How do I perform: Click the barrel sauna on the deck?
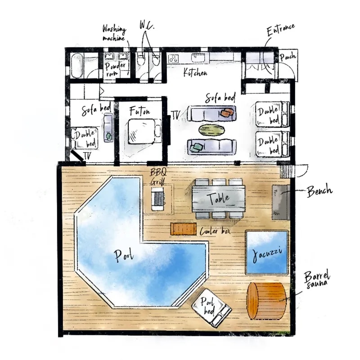coord(266,301)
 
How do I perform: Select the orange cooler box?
coord(183,229)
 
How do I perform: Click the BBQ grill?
coord(157,198)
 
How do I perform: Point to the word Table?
coord(218,198)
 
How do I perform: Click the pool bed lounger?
coord(211,308)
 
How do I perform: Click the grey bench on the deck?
coord(280,202)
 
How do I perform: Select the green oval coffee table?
coord(211,130)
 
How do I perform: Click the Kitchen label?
coord(195,72)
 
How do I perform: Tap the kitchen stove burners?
coord(173,58)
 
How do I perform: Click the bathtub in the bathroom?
coord(76,66)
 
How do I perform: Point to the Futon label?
coord(139,111)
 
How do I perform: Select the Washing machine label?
coord(114,33)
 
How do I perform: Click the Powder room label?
coord(115,69)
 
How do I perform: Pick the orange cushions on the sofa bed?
coord(227,112)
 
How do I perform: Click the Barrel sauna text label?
coord(317,280)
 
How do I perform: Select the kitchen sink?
coord(198,58)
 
